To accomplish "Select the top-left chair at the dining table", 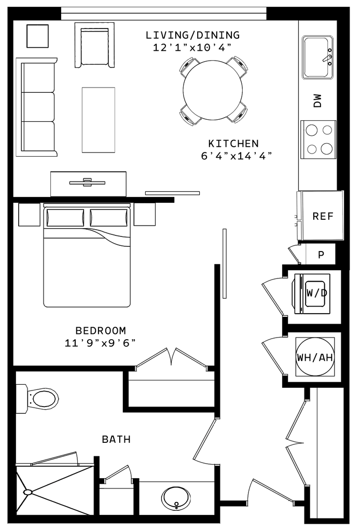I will [x=189, y=66].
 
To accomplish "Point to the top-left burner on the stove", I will [x=311, y=129].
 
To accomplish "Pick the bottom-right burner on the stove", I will [x=327, y=149].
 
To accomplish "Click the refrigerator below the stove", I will [x=322, y=215].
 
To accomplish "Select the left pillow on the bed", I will [x=64, y=218].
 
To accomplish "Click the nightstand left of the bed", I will [x=29, y=215].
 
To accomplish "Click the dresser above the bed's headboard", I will [x=88, y=183].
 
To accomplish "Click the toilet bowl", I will [x=44, y=399].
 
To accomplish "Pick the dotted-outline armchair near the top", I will [x=94, y=45].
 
